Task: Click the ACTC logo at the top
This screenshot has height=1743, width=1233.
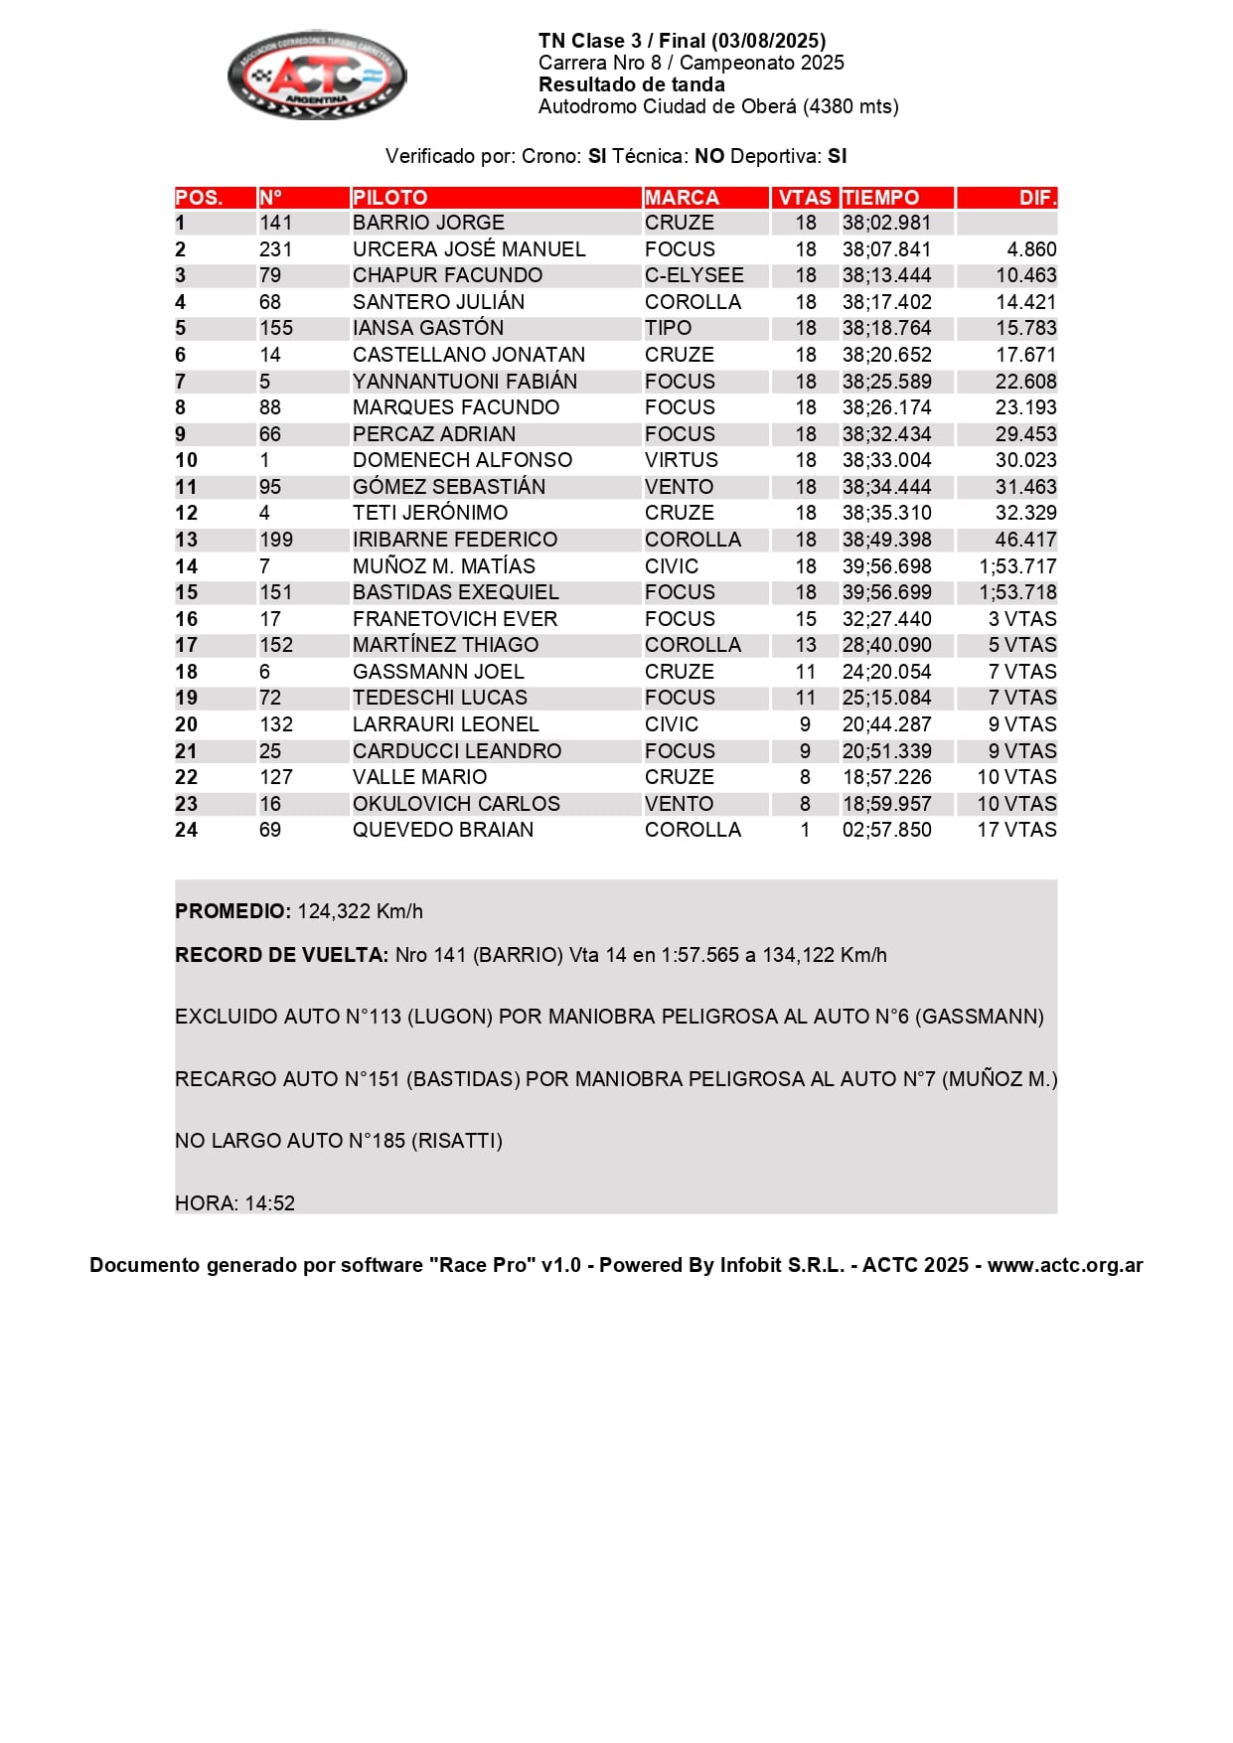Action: pos(317,75)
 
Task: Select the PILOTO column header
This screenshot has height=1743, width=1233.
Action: pos(389,198)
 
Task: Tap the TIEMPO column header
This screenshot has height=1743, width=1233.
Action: pos(880,198)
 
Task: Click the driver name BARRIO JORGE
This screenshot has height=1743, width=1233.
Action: pos(428,223)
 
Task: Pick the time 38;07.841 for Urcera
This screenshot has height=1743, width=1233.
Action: pos(886,249)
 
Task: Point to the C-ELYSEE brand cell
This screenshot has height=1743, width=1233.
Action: pos(694,275)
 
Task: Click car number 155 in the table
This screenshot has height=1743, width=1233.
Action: pos(275,328)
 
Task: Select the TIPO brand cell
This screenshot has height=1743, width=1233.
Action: pos(668,328)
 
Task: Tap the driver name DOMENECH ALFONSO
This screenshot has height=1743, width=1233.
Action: pos(462,460)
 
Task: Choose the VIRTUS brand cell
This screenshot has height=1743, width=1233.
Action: pos(681,460)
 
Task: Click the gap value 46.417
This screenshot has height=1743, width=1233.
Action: pos(1025,540)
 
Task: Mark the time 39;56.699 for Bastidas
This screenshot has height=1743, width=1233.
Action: pos(886,592)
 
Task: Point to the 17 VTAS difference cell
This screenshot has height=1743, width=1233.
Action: pos(1016,830)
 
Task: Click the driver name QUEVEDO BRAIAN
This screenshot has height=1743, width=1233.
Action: pos(442,830)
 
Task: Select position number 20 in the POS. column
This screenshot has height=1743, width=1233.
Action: pos(186,724)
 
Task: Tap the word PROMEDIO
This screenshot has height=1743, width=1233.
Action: pos(231,911)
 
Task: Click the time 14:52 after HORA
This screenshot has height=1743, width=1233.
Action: pos(270,1203)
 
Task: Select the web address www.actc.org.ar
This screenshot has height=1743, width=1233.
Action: pos(1064,1265)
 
